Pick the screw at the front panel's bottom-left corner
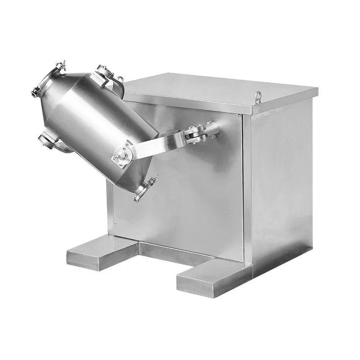pos(116,222)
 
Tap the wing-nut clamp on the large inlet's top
pos(59,65)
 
